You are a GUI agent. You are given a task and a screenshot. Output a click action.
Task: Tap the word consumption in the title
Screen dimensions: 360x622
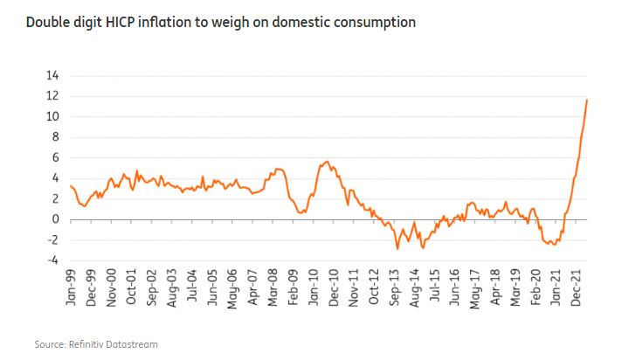coord(372,21)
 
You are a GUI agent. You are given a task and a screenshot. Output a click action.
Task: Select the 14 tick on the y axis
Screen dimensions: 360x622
coord(53,75)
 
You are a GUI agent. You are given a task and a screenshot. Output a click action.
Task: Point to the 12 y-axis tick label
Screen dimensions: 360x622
coord(53,96)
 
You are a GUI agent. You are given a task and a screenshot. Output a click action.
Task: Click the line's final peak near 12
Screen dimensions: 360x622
coord(587,100)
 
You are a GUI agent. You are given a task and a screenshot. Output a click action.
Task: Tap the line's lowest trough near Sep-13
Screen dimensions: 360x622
coord(397,249)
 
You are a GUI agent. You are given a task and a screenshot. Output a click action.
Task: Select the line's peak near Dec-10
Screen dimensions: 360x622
coord(327,162)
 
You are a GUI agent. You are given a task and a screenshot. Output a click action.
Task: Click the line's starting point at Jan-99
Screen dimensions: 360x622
coord(70,185)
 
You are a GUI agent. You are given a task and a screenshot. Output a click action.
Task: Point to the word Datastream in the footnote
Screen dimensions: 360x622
coord(135,345)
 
